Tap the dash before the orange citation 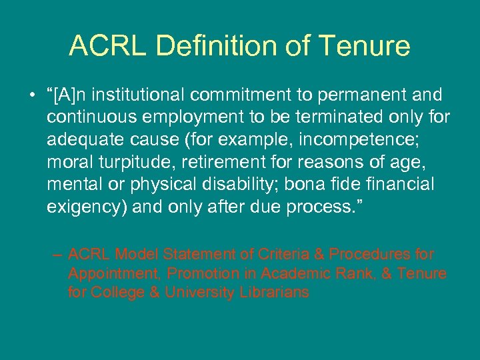click(58, 254)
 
